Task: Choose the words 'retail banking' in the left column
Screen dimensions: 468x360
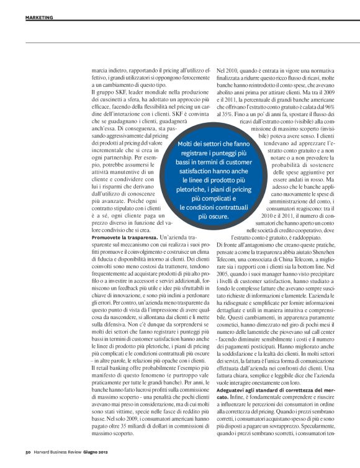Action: coord(112,369)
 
